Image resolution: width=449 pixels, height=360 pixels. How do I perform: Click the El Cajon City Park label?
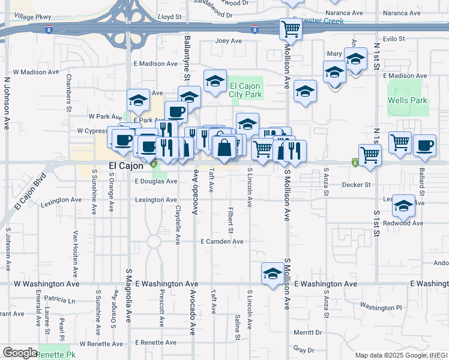(246, 90)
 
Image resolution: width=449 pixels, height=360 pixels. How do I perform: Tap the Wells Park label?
(408, 100)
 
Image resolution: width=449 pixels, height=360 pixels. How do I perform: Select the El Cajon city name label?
(125, 166)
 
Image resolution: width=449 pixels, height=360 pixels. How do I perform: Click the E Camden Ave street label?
(222, 241)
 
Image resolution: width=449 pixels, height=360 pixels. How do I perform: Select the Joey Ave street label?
(229, 41)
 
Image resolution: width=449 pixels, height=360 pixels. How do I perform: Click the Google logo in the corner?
(20, 353)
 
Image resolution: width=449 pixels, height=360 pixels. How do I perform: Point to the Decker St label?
(356, 185)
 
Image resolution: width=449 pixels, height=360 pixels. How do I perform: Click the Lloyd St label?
(169, 17)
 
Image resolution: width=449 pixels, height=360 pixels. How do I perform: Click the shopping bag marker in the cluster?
(224, 147)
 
